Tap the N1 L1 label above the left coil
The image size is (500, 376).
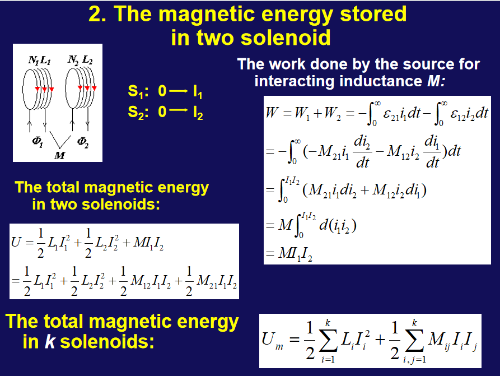pos(39,60)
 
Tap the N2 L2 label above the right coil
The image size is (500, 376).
pos(80,60)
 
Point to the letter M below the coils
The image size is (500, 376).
pos(59,155)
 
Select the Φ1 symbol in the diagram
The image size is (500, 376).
pos(38,142)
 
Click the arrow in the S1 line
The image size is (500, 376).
pos(179,91)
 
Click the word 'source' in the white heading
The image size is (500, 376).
pos(428,64)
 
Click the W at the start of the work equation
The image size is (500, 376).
pos(272,113)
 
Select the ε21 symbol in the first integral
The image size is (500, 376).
pos(391,114)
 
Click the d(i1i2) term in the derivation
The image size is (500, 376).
pos(338,225)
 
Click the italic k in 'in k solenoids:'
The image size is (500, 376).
pos(50,341)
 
